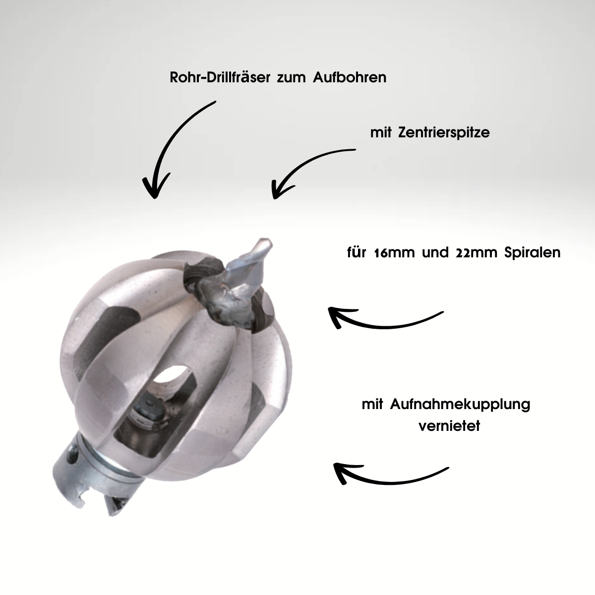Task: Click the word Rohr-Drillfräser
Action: [x=220, y=77]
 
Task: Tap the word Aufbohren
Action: [x=350, y=77]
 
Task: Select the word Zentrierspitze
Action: [x=444, y=133]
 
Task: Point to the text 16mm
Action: [x=394, y=252]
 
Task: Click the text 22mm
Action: [x=476, y=252]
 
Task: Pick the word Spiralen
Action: [x=533, y=252]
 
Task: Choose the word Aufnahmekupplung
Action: [x=460, y=405]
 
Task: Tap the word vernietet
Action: [x=449, y=426]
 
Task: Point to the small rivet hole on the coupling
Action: [x=74, y=454]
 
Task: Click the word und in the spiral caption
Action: [x=435, y=252]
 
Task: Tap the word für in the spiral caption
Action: [x=357, y=252]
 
